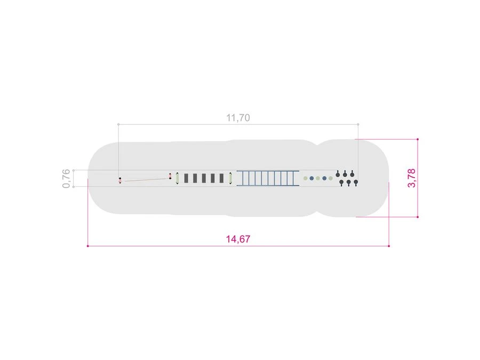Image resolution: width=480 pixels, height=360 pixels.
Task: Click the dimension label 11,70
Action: (238, 117)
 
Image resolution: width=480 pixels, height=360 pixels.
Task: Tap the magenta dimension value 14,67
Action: (238, 239)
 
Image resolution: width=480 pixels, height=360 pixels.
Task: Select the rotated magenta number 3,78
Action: (412, 178)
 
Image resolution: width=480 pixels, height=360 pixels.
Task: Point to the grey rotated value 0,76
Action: (66, 178)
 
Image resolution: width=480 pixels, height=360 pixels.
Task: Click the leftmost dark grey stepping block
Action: (186, 178)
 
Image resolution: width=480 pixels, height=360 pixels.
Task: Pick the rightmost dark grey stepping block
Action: (222, 178)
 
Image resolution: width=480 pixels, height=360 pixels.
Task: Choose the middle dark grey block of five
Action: (204, 178)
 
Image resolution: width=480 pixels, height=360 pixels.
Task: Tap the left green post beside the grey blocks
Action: (177, 178)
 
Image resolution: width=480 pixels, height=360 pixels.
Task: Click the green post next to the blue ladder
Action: (230, 178)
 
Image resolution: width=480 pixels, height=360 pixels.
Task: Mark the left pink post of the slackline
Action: (120, 180)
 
